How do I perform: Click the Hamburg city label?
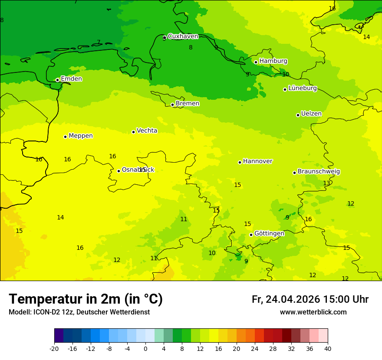(x=273, y=61)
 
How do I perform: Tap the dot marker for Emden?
(x=57, y=80)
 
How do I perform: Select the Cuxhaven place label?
(x=183, y=36)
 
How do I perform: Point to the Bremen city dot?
(x=172, y=105)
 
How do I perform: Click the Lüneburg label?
(x=302, y=88)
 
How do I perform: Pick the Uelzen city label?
(x=311, y=114)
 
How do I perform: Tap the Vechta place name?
(x=147, y=131)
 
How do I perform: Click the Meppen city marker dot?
(x=65, y=137)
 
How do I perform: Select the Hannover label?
(x=257, y=161)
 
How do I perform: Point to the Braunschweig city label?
(x=319, y=172)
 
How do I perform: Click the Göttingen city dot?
(x=251, y=235)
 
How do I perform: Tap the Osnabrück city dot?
(x=119, y=171)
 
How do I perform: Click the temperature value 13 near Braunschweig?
(x=326, y=183)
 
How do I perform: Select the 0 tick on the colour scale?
(x=145, y=348)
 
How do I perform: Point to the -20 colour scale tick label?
(x=54, y=348)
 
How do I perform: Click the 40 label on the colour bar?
(x=328, y=348)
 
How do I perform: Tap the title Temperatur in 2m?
(x=86, y=299)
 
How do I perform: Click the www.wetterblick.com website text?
(x=313, y=312)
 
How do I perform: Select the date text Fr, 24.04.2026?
(x=286, y=299)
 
